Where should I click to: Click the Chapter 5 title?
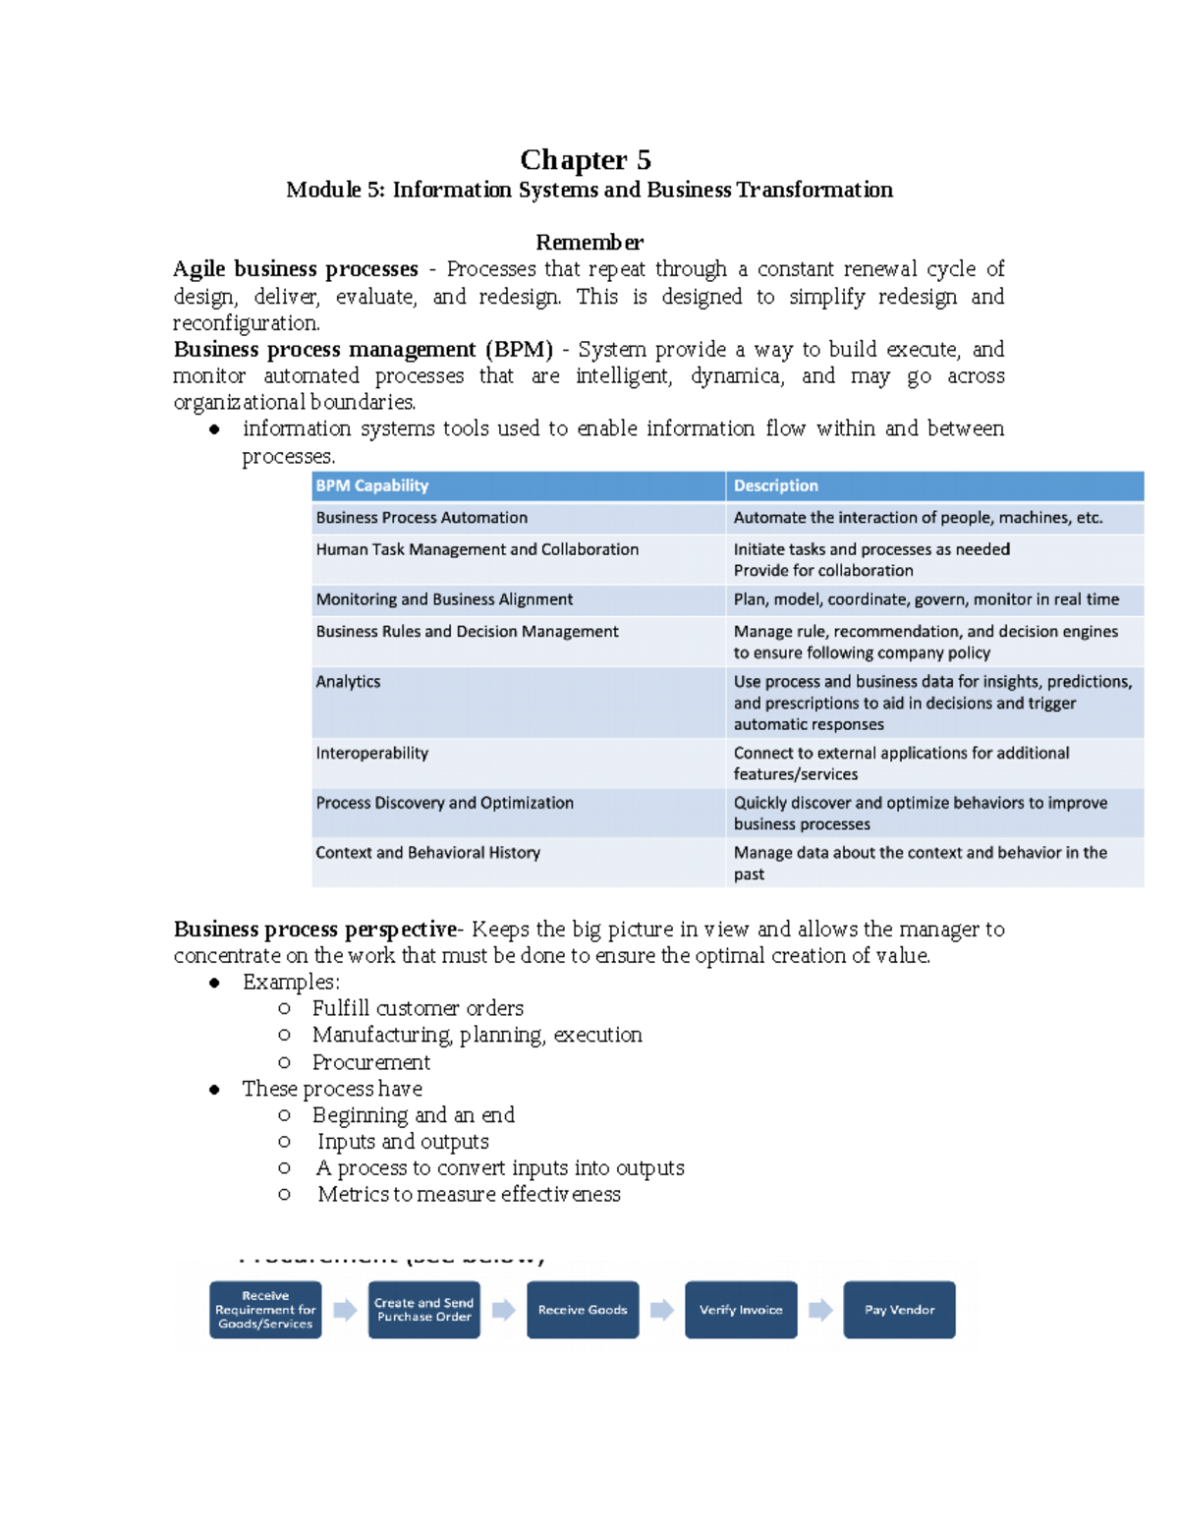pos(586,159)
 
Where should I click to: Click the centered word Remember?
pos(589,242)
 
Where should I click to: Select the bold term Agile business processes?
pos(295,269)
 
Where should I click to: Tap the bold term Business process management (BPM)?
pos(363,350)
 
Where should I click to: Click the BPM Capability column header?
pos(372,485)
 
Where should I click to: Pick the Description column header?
pos(775,485)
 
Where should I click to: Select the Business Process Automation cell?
pos(421,518)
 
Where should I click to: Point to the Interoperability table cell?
pos(371,754)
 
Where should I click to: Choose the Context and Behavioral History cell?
pos(427,853)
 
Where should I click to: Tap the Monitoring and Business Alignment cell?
pos(444,599)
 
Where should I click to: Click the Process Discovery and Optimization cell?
pos(444,803)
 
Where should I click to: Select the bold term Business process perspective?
pos(314,930)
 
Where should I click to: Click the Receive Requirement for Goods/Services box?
pos(265,1310)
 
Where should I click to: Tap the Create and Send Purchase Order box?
pos(423,1310)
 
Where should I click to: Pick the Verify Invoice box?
pos(741,1310)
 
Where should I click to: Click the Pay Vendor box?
pos(899,1310)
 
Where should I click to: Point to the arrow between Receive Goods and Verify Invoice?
pos(662,1310)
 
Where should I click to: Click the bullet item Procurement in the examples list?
pos(370,1062)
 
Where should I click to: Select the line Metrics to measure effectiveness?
pos(469,1195)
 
